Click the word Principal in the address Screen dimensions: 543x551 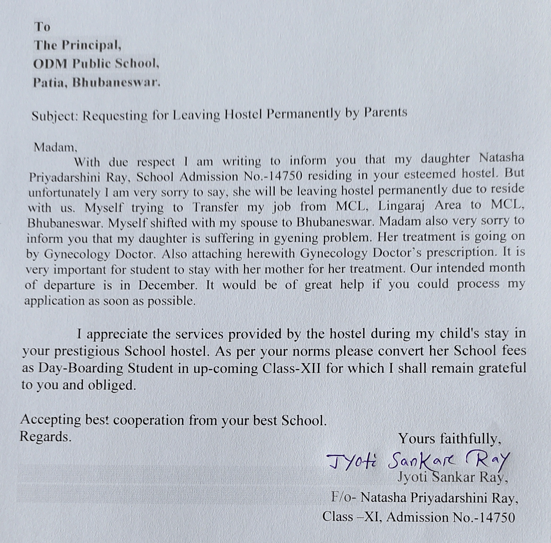(92, 46)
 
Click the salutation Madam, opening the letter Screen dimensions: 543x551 (55, 147)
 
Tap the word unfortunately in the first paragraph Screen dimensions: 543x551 (64, 193)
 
